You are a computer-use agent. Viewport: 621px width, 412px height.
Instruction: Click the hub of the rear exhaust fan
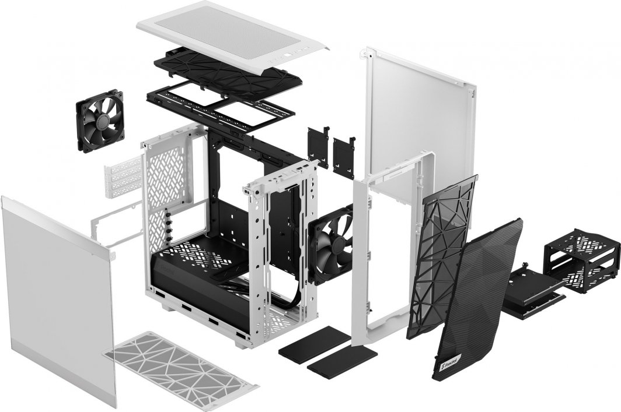(x=100, y=121)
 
